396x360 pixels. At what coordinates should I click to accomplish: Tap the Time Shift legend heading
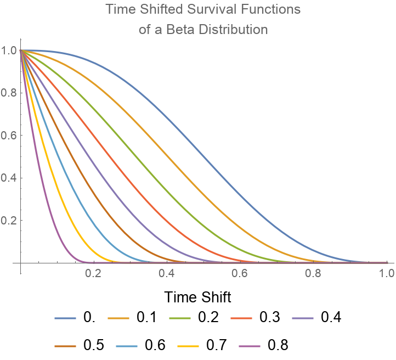(197, 297)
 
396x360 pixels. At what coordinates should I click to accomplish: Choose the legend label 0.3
(270, 318)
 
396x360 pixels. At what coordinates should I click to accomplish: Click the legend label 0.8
(278, 345)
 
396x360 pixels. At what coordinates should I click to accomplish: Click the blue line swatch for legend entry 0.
(66, 318)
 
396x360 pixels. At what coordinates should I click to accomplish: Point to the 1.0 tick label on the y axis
(9, 50)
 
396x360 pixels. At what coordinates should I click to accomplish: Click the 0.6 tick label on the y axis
(9, 136)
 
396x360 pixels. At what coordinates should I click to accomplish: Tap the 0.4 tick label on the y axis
(9, 178)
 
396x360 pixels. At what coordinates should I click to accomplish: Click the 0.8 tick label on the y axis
(9, 93)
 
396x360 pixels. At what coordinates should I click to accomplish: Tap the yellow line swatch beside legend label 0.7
(189, 345)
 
